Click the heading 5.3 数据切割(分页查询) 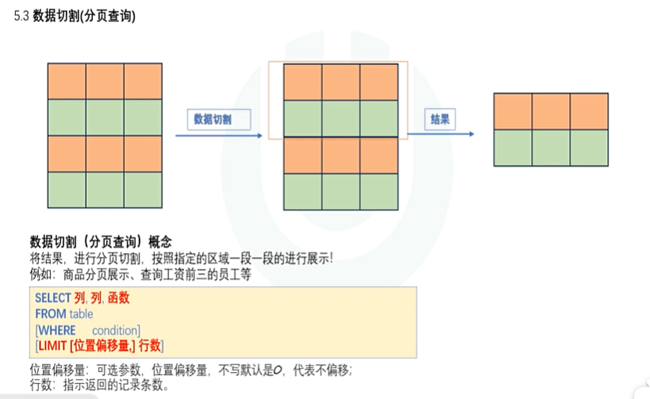[x=75, y=16]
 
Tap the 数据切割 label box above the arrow [x=217, y=120]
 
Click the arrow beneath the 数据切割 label [x=217, y=136]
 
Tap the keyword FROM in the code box [x=49, y=314]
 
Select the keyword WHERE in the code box [x=57, y=330]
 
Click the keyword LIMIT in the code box [x=52, y=345]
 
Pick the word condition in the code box [x=116, y=330]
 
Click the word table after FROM [x=80, y=314]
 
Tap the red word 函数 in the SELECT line [x=118, y=298]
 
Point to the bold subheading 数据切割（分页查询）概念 [x=101, y=241]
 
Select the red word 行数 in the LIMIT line [x=150, y=345]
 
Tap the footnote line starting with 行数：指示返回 [x=99, y=386]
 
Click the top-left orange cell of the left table [x=67, y=80]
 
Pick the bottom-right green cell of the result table [x=590, y=148]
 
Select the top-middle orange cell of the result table [x=552, y=111]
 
